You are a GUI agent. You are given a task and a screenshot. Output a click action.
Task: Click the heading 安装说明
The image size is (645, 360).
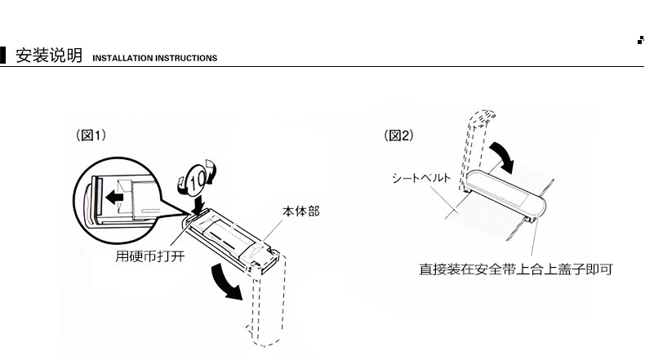[49, 56]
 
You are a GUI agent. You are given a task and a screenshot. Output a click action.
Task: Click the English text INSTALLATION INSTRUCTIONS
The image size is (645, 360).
[154, 59]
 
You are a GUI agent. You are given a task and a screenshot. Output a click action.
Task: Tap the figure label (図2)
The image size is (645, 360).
[398, 136]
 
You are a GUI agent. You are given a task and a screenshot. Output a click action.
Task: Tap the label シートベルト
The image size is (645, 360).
[418, 176]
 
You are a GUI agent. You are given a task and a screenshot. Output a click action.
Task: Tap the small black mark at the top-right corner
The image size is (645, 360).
[639, 40]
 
